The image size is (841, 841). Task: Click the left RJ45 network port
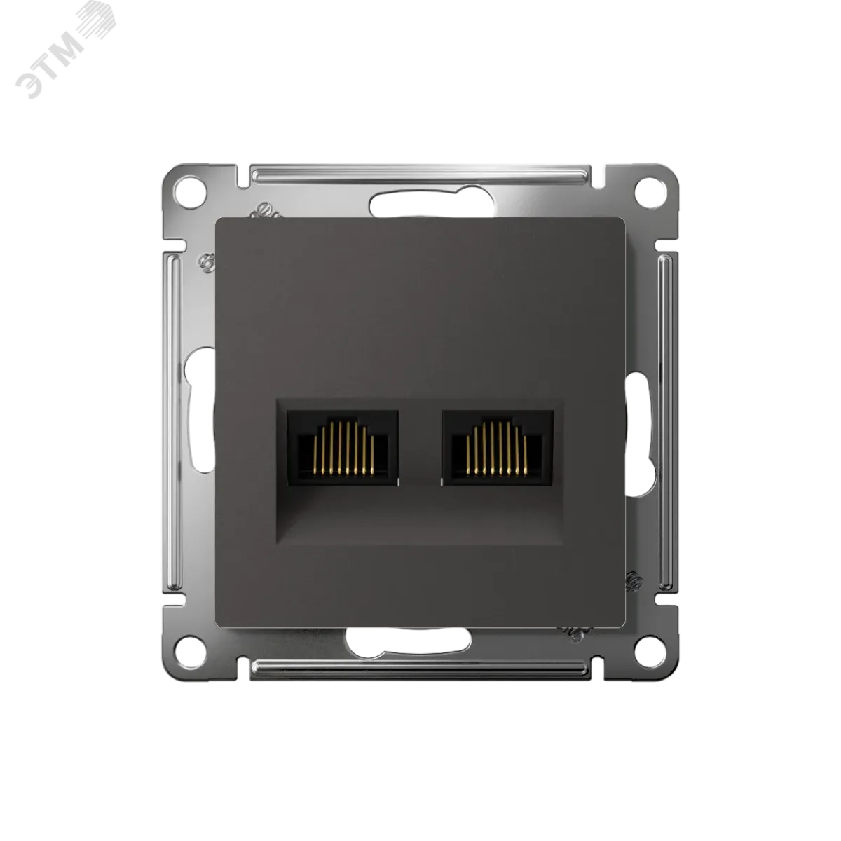pyautogui.click(x=343, y=448)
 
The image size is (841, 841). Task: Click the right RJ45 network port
pyautogui.click(x=498, y=448)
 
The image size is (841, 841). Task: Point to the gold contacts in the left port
pyautogui.click(x=343, y=448)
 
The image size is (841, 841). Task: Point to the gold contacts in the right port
pyautogui.click(x=497, y=448)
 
